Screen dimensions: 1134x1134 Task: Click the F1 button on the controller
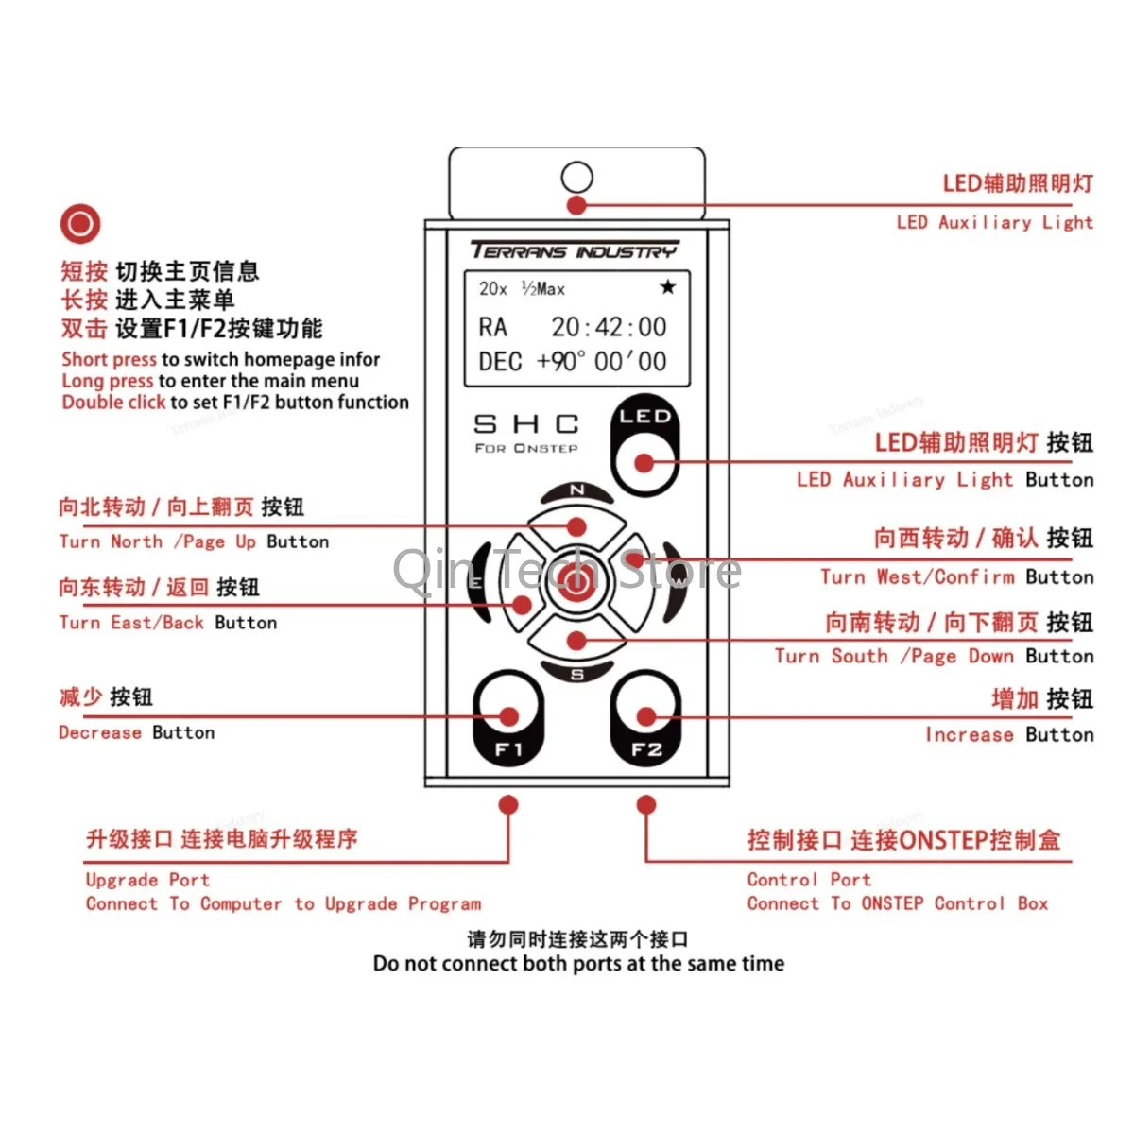click(508, 718)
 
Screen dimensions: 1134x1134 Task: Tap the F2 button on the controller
click(646, 718)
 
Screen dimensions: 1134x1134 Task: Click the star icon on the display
click(667, 287)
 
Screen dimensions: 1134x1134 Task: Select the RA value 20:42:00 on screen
click(609, 327)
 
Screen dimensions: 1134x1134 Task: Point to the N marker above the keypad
click(576, 490)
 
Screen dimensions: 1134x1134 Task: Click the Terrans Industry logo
click(575, 250)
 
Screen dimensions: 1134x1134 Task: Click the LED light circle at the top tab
click(576, 177)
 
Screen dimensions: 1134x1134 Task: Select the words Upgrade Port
click(147, 880)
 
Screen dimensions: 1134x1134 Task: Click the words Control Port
click(809, 880)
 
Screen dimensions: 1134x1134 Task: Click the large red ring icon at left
click(80, 224)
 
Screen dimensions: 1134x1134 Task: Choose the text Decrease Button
click(137, 732)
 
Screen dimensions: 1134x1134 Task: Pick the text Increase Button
click(1009, 734)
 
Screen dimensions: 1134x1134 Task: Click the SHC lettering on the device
click(526, 424)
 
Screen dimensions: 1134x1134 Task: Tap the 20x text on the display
click(493, 289)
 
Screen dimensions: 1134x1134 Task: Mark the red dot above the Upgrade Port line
click(508, 805)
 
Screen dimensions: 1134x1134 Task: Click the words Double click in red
click(113, 403)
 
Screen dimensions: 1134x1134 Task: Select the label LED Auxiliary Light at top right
click(994, 222)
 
